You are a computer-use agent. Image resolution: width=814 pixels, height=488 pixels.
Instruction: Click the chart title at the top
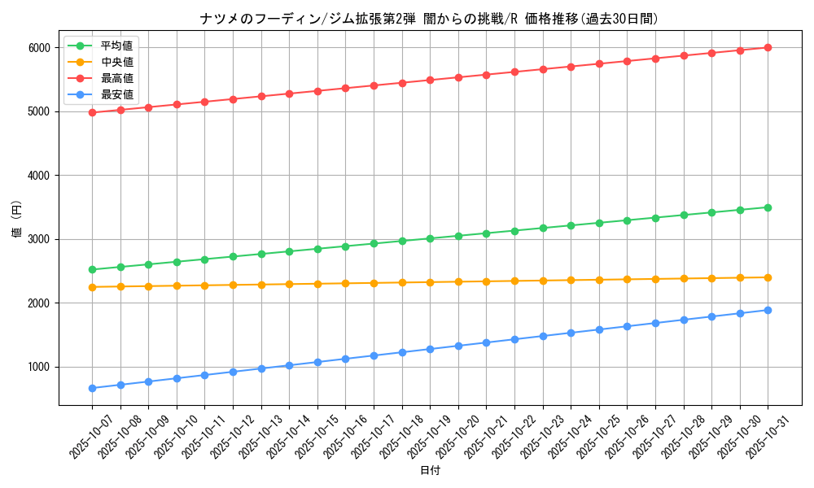tap(429, 19)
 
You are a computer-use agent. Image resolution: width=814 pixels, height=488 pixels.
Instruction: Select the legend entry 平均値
tap(116, 46)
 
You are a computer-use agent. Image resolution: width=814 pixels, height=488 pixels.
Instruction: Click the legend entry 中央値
tap(116, 62)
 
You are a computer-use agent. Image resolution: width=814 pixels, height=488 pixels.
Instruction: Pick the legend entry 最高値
tap(116, 78)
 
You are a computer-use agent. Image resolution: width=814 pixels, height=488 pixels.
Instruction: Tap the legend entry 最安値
tap(116, 94)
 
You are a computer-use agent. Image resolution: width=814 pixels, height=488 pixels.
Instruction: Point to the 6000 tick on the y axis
tap(39, 48)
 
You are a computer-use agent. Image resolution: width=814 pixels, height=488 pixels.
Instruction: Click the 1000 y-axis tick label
tap(39, 368)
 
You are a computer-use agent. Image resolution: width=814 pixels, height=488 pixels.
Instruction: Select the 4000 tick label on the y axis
tap(39, 176)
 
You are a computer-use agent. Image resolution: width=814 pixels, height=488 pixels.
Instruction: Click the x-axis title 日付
tap(430, 471)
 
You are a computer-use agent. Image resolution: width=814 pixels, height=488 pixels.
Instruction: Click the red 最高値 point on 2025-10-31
tap(768, 47)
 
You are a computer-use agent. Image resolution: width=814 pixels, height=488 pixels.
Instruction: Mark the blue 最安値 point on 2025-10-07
tap(92, 388)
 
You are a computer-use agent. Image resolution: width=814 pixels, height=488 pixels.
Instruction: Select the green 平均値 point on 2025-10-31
tap(768, 207)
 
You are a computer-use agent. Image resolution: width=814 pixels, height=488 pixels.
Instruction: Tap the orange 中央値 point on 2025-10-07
tap(92, 287)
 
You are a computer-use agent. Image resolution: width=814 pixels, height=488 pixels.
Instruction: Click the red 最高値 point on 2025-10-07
tap(92, 112)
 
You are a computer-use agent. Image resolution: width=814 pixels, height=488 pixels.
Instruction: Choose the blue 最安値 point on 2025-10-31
tap(768, 310)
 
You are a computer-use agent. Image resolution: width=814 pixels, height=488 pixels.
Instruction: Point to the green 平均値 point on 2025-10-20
tap(458, 236)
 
